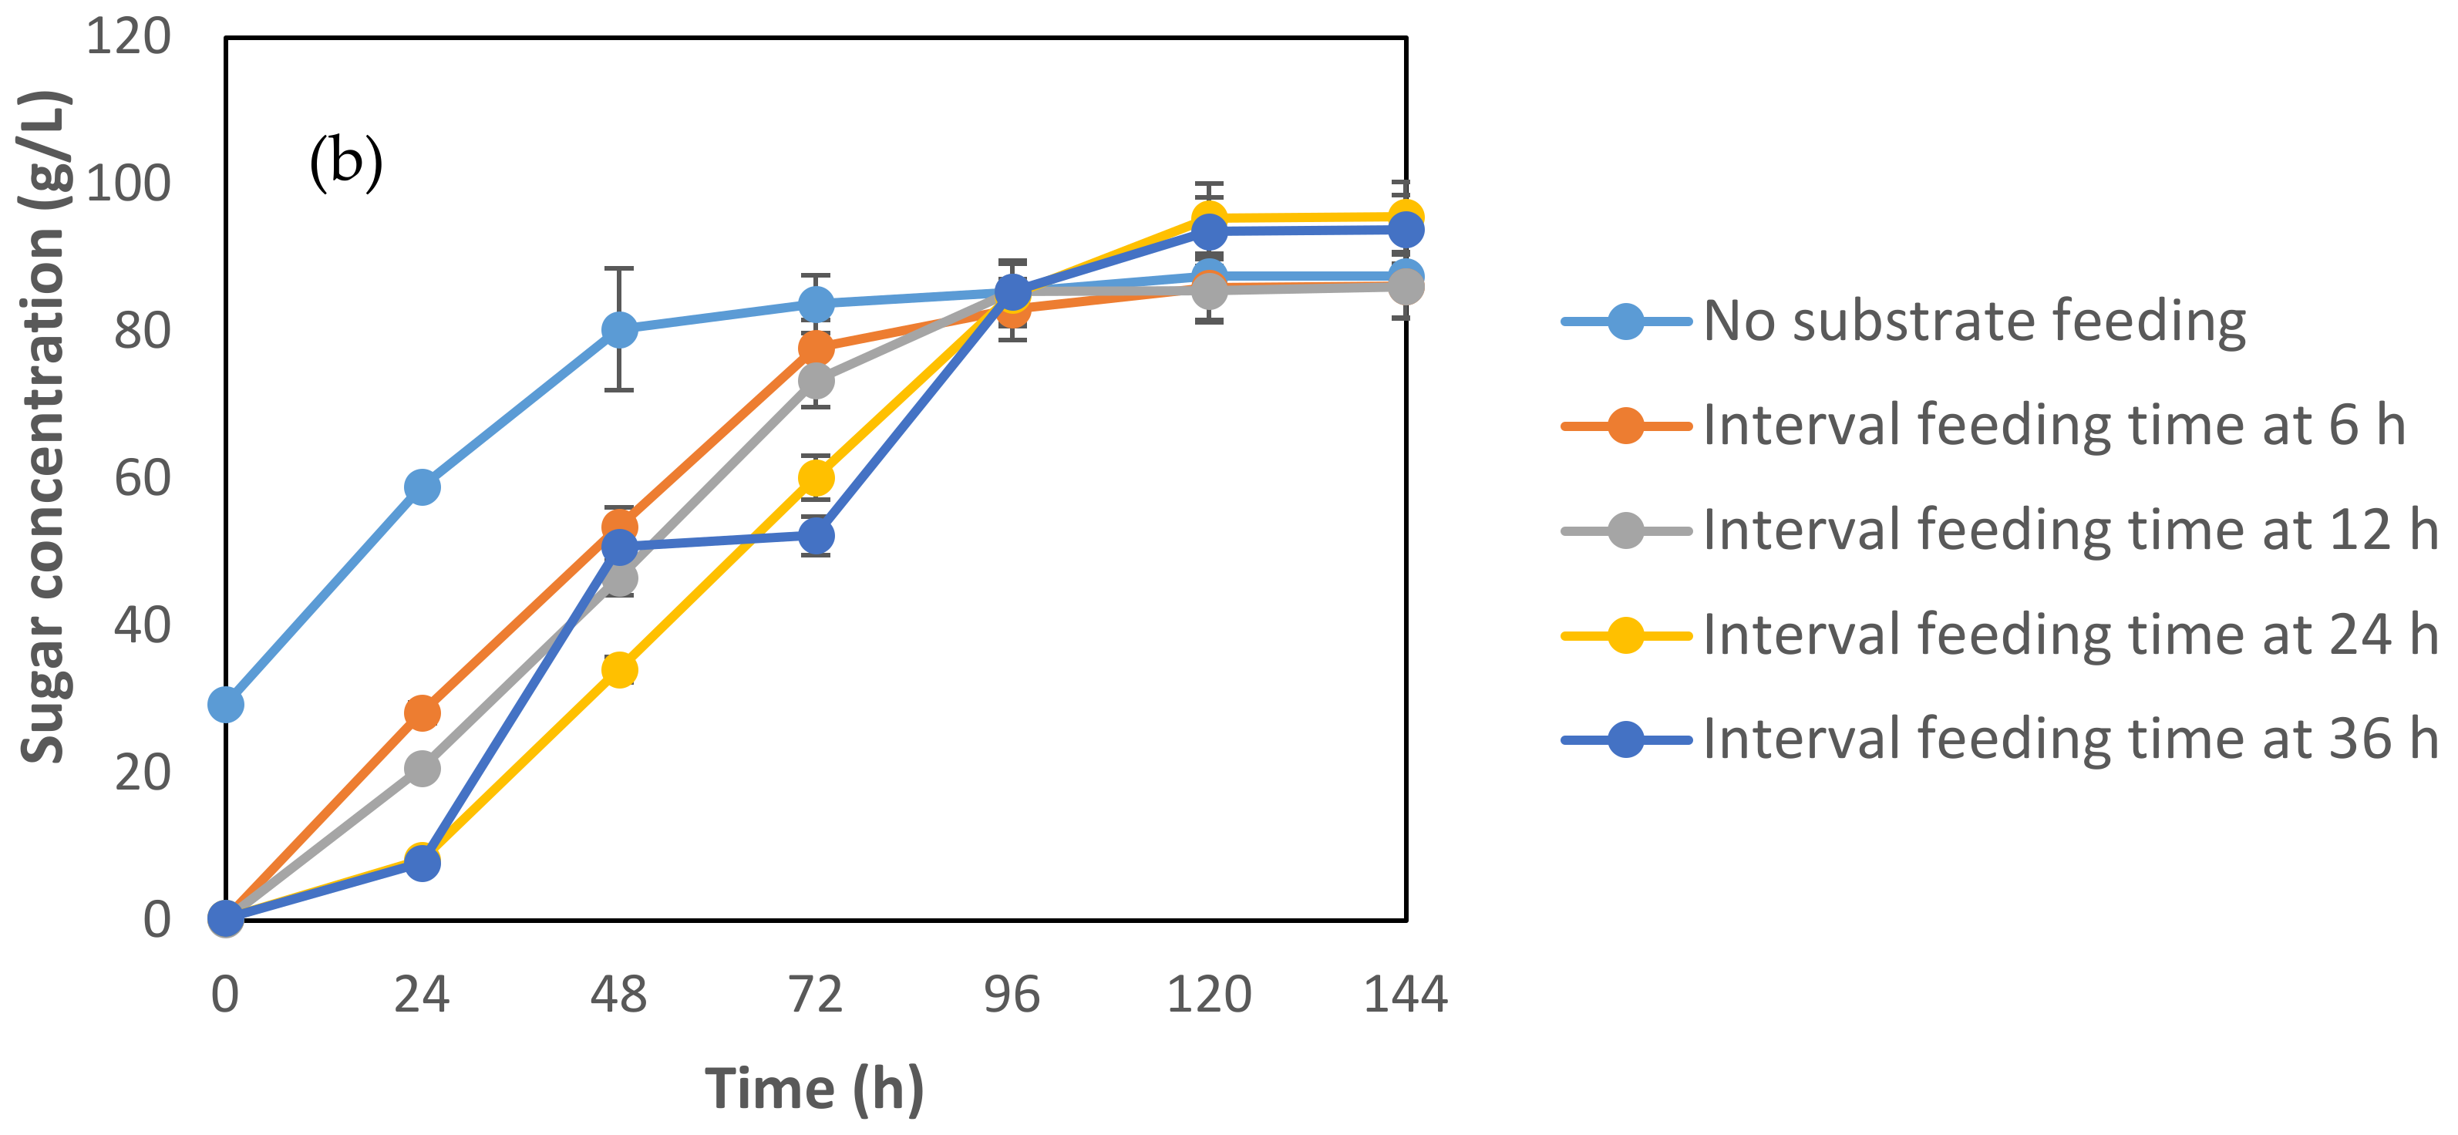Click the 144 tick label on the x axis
[1405, 995]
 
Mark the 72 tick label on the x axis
[816, 995]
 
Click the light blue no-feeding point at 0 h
[225, 705]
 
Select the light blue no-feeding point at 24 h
[422, 487]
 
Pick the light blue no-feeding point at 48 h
[619, 329]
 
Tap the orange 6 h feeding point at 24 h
[422, 712]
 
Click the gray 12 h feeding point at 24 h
[422, 769]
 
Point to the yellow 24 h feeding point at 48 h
[619, 669]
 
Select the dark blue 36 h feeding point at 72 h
[816, 537]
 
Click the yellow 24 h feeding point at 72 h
[816, 477]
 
